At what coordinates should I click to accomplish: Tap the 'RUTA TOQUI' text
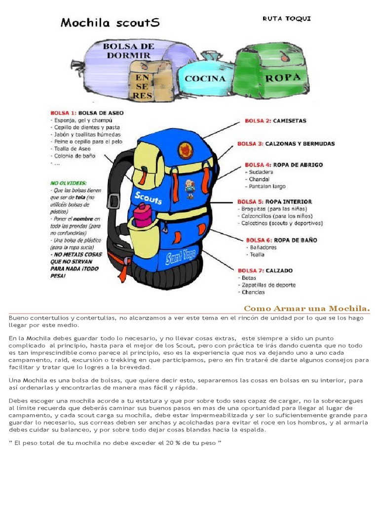click(287, 19)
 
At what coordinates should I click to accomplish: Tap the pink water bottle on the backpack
click(143, 215)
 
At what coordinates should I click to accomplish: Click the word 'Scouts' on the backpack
click(148, 198)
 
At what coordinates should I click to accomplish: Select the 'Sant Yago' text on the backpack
click(181, 256)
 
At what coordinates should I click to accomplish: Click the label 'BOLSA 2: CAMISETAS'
click(275, 120)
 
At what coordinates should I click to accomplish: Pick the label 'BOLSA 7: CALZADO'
click(265, 270)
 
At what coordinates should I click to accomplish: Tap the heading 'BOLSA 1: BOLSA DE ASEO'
click(87, 113)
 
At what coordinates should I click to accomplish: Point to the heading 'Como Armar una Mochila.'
click(306, 309)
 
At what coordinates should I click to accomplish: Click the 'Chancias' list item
click(253, 292)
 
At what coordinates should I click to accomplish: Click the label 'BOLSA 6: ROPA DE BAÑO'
click(277, 240)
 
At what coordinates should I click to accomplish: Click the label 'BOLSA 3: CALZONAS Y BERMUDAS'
click(286, 144)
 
